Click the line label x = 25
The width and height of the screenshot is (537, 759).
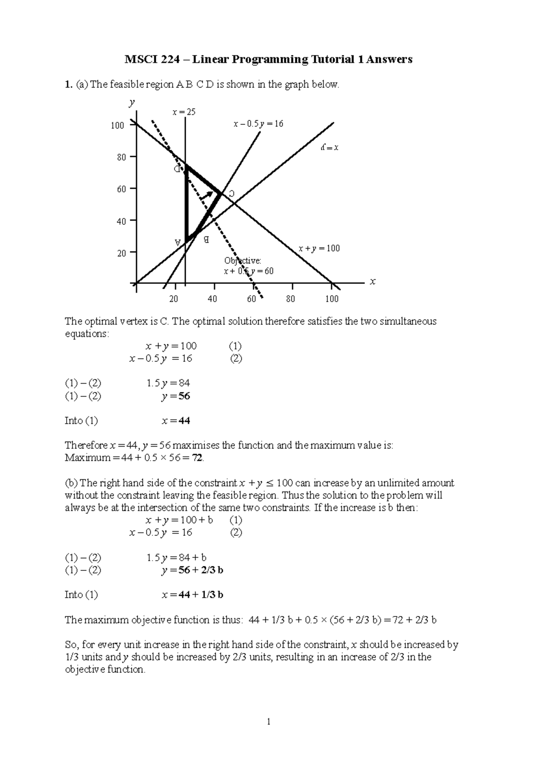184,112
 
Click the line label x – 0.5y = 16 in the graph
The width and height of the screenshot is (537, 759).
258,124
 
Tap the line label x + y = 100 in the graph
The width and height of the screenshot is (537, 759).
319,249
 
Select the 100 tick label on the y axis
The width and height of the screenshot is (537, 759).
117,126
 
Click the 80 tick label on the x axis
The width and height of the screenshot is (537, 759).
291,299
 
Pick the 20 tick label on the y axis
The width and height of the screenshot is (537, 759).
121,253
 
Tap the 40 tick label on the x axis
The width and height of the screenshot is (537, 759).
212,299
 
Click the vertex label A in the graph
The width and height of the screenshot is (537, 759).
178,242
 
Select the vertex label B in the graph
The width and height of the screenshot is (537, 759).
206,240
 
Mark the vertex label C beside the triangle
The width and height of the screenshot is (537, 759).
231,194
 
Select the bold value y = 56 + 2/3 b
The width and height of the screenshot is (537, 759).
192,570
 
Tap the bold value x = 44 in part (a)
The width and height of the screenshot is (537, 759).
176,421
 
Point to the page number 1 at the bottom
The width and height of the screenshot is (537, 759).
268,721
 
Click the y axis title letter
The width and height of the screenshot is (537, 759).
132,103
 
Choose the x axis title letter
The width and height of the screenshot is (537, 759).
373,282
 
